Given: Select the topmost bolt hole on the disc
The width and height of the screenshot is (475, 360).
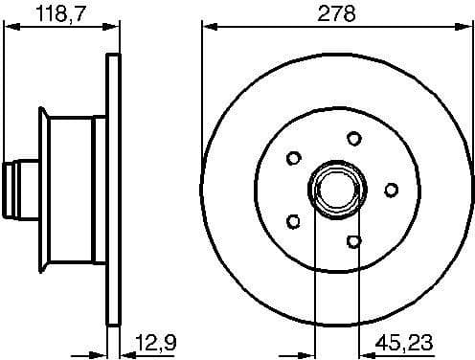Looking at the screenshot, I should coord(353,138).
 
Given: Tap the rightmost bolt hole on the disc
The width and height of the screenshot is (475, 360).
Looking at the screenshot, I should coord(391,190).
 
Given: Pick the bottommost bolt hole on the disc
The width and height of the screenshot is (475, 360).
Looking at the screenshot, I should coord(353,239).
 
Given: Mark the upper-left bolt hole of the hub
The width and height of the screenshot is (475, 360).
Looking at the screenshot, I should coord(294,156).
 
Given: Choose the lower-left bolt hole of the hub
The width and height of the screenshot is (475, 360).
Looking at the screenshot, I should coord(294,221).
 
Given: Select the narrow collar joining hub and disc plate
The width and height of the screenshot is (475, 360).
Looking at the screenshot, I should coord(99,187).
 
